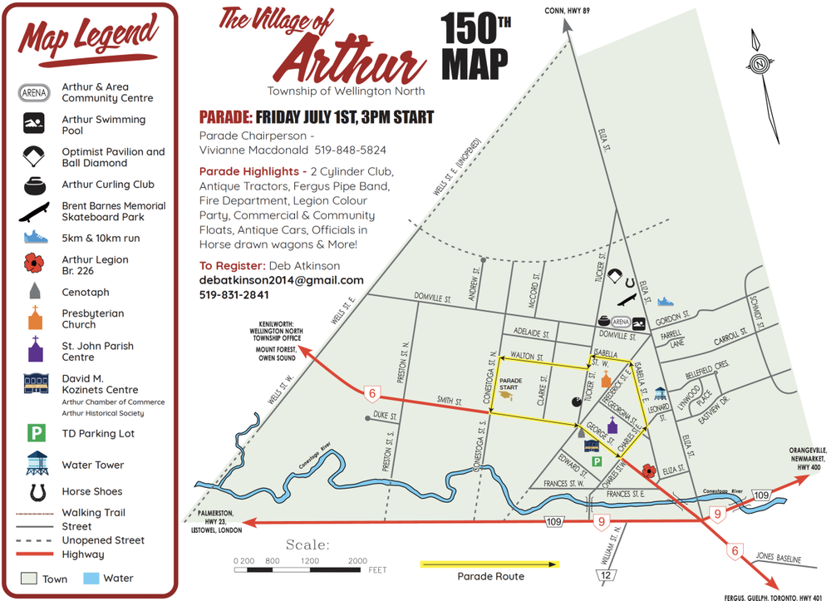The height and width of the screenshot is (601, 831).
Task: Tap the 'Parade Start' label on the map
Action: point(509,387)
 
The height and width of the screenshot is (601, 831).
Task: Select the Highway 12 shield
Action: point(607,575)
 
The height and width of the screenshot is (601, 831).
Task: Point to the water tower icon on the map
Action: point(661,393)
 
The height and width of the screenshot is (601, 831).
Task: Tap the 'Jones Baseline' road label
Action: point(778,558)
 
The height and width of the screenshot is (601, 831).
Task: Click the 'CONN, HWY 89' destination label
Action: point(567,10)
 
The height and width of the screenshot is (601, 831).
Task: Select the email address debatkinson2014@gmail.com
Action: point(282,280)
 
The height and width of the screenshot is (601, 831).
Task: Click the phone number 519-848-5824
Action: point(350,150)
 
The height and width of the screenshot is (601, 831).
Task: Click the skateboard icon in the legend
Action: point(35,211)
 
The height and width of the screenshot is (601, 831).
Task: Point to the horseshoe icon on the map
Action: point(628,280)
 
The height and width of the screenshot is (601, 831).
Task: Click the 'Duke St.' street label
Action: point(386,414)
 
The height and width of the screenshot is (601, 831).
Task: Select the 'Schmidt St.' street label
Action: point(755,313)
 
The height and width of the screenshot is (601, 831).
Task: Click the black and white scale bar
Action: point(300,570)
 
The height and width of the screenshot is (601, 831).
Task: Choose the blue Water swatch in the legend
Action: point(90,578)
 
